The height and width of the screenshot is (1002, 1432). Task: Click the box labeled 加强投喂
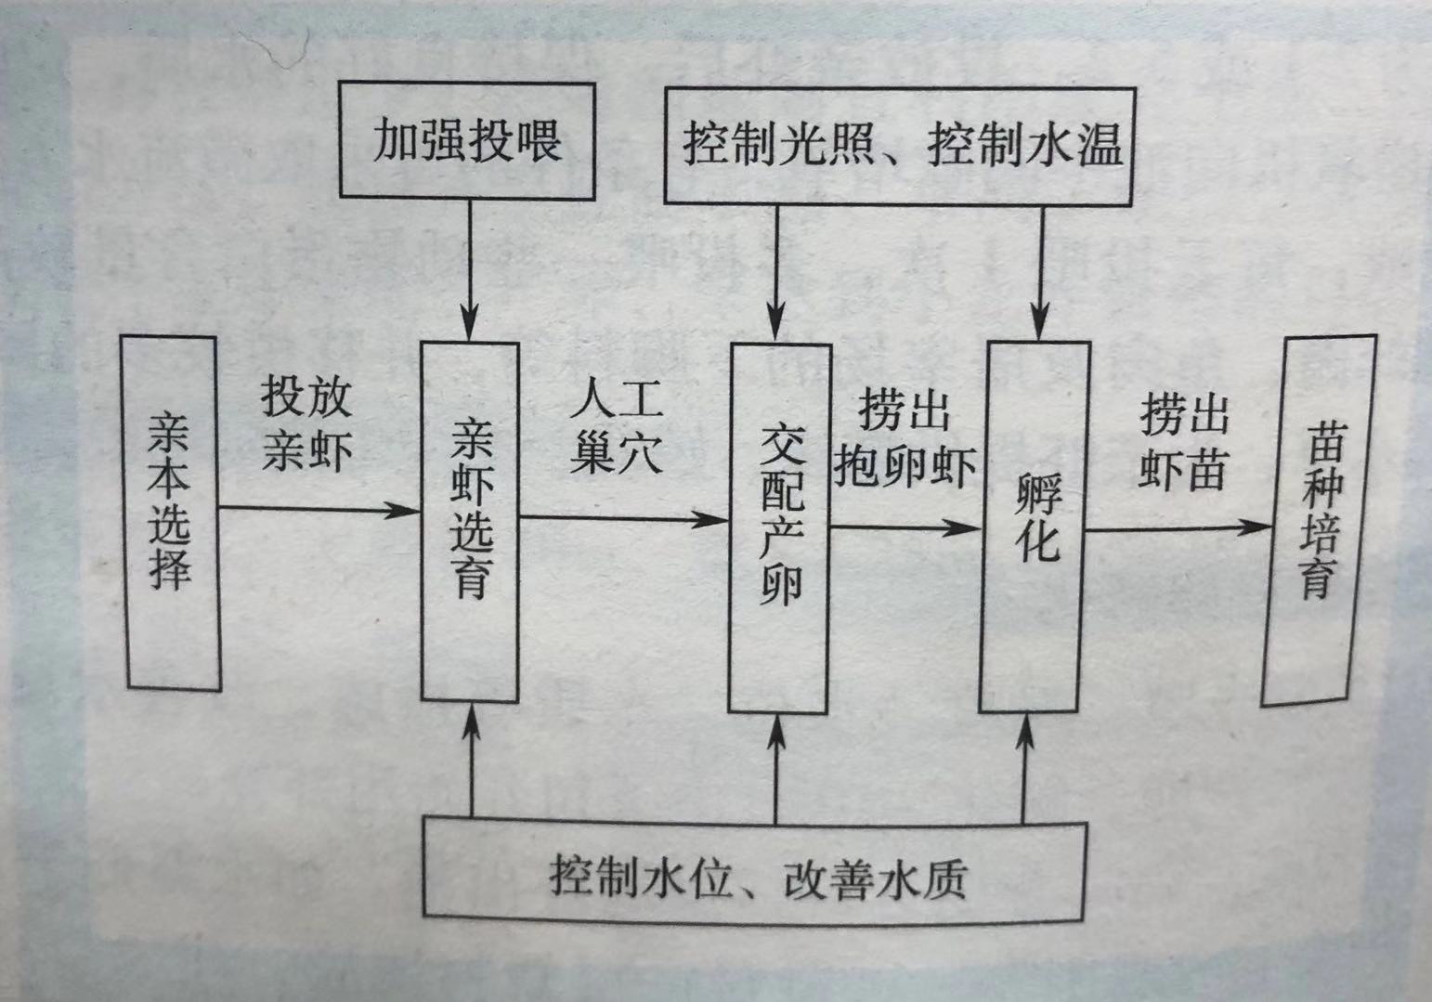pyautogui.click(x=467, y=140)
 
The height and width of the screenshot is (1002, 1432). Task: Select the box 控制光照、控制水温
pyautogui.click(x=899, y=146)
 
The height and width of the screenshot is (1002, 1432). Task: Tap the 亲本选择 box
pyautogui.click(x=172, y=514)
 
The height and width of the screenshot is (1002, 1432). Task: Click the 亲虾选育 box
pyautogui.click(x=470, y=521)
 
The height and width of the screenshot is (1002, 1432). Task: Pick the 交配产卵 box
pyautogui.click(x=778, y=527)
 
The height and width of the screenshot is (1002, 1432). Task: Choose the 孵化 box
pyautogui.click(x=1035, y=527)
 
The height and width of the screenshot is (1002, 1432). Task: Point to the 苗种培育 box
pyautogui.click(x=1320, y=520)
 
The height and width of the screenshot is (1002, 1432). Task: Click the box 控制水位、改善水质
pyautogui.click(x=754, y=870)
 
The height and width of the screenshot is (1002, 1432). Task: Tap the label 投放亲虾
pyautogui.click(x=306, y=423)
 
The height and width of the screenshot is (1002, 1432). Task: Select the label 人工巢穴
pyautogui.click(x=617, y=427)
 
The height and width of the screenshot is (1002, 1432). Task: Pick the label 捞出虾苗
pyautogui.click(x=1184, y=441)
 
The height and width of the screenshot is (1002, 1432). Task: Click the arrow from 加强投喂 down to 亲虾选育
pyautogui.click(x=470, y=269)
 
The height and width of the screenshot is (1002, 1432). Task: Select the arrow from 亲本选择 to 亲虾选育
pyautogui.click(x=320, y=509)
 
